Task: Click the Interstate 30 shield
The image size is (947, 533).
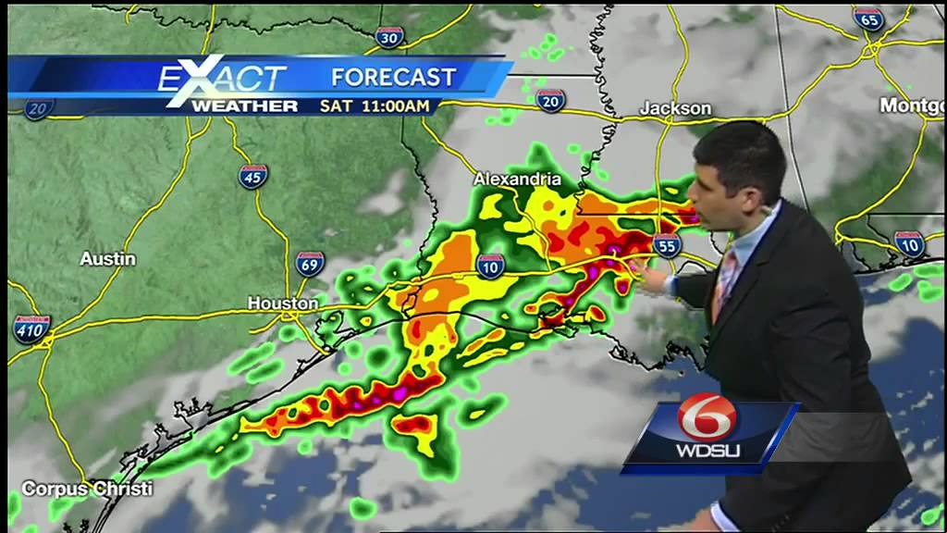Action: tap(390, 37)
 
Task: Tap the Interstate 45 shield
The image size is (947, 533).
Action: tap(252, 176)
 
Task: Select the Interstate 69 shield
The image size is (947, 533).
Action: tap(311, 264)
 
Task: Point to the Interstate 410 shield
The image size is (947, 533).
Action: tap(31, 328)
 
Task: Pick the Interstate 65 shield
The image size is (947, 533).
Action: tap(869, 19)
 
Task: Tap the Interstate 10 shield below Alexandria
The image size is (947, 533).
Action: tap(492, 266)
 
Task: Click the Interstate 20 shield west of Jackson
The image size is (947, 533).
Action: tap(550, 101)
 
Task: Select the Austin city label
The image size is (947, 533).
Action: tap(107, 259)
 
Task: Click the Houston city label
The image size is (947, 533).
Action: tap(283, 303)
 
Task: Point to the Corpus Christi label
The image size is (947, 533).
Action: tap(87, 488)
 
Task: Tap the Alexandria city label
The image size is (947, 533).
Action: tap(517, 179)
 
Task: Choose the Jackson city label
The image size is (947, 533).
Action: tap(676, 108)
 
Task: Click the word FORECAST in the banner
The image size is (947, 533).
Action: tap(394, 77)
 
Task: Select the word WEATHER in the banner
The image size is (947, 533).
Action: tap(244, 105)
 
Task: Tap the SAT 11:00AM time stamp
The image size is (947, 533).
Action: tap(375, 105)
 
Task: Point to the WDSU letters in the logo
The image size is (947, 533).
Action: tap(707, 452)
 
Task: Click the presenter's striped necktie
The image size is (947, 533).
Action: tap(726, 282)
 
